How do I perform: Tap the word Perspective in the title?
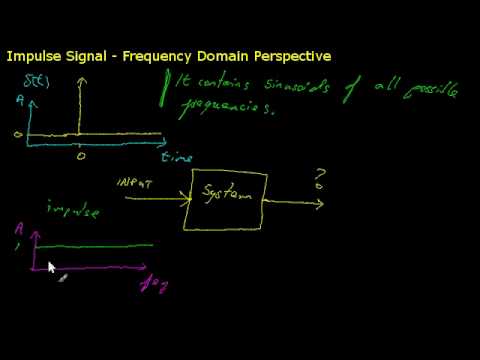pyautogui.click(x=290, y=56)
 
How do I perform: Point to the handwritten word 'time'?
pyautogui.click(x=176, y=157)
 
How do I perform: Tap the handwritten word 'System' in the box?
pyautogui.click(x=228, y=190)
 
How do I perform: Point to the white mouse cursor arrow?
pyautogui.click(x=51, y=267)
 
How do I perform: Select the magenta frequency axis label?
pyautogui.click(x=154, y=285)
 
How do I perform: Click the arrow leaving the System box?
pyautogui.click(x=295, y=203)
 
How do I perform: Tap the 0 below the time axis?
pyautogui.click(x=81, y=155)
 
